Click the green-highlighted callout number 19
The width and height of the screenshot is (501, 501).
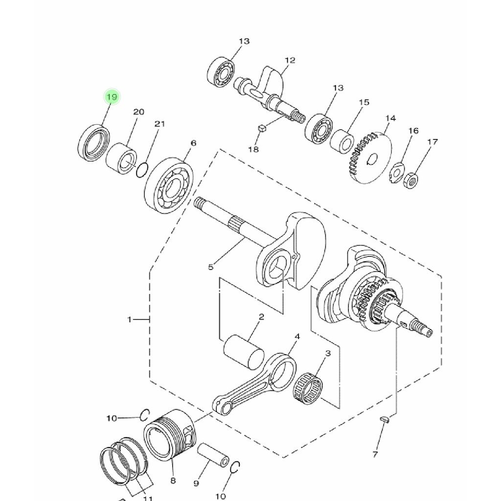[112, 97]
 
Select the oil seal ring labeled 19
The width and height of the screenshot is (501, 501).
[93, 143]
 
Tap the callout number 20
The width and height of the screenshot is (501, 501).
[139, 112]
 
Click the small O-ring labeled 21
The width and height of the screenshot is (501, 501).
[142, 170]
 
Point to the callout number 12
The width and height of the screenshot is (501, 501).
[290, 60]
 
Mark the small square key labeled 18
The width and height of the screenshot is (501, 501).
[262, 129]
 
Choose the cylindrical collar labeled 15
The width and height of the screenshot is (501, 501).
[342, 141]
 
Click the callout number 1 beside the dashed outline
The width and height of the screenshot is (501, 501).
[129, 319]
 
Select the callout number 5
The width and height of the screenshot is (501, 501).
[210, 267]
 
